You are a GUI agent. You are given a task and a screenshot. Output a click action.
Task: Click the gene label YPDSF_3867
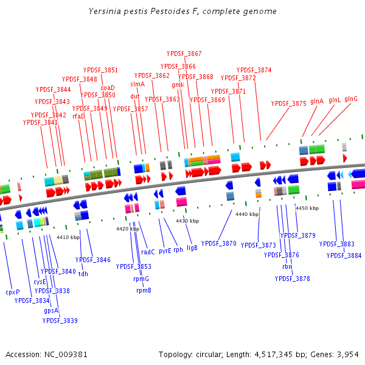(x=184, y=54)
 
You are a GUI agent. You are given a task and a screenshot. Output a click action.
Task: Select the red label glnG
(x=351, y=99)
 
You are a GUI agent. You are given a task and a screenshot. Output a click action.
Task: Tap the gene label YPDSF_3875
(x=289, y=103)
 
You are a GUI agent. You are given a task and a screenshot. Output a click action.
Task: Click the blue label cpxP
(x=13, y=291)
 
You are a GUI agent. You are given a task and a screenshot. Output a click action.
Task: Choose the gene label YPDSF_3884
(x=344, y=255)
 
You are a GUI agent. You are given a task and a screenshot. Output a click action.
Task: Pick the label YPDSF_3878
(x=292, y=279)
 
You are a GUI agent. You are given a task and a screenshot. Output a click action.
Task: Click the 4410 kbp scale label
(x=68, y=237)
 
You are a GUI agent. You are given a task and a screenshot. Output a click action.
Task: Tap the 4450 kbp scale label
(x=307, y=208)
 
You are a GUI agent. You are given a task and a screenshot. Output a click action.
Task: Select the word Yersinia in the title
(x=103, y=12)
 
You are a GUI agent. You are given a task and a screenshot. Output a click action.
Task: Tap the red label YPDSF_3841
(x=41, y=122)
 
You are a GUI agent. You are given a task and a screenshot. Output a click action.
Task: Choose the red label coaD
(x=108, y=88)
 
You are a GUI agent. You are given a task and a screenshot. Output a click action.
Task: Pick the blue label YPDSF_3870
(x=219, y=243)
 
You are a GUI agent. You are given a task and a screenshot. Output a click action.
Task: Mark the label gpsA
(x=51, y=310)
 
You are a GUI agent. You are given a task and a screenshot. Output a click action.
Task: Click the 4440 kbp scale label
(x=247, y=214)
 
